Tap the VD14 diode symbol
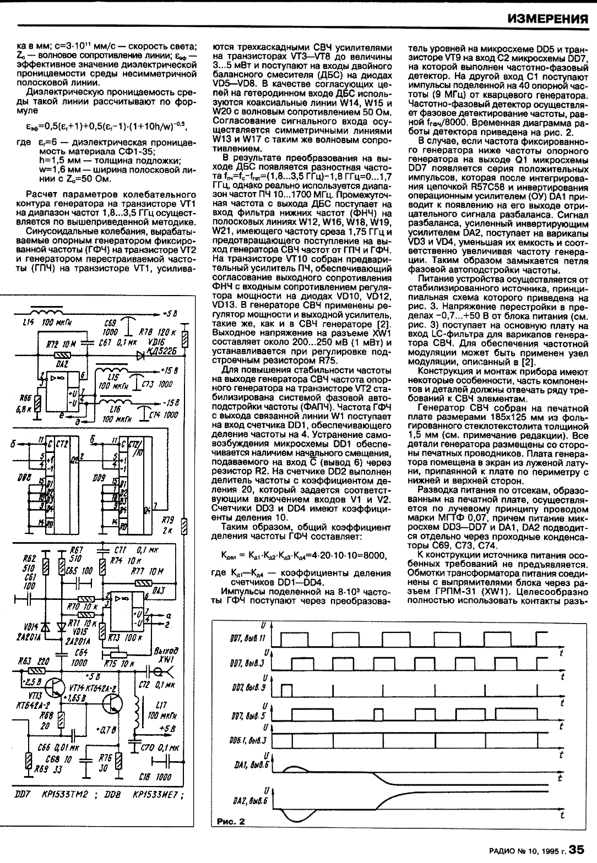click(45, 627)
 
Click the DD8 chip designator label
click(24, 479)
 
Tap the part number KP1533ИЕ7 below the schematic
click(151, 795)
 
